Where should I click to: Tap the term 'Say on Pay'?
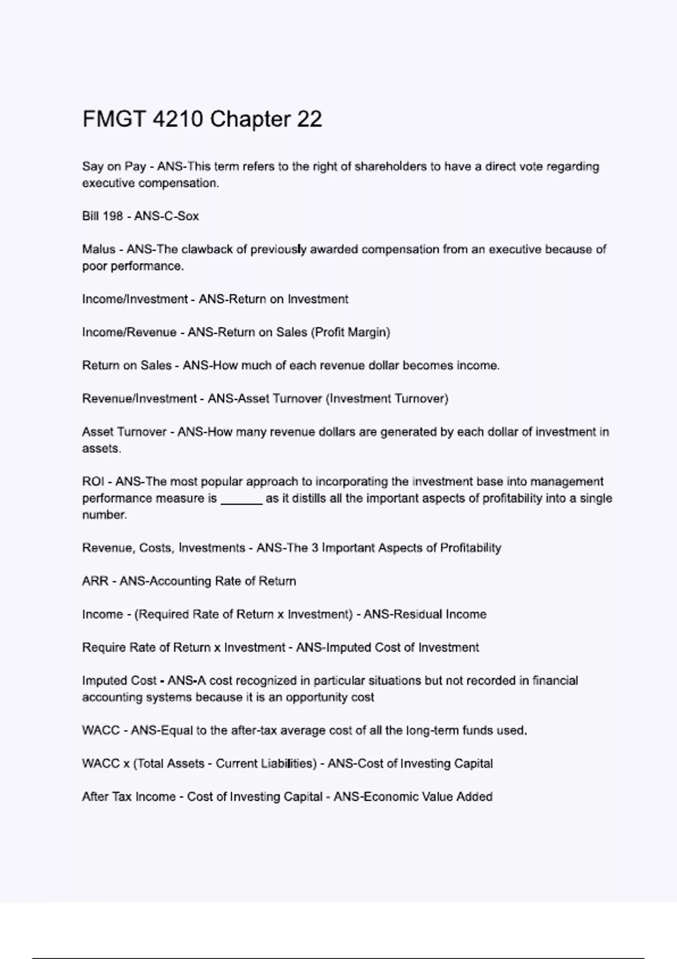click(114, 166)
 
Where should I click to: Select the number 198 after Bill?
click(113, 216)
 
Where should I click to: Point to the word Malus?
click(99, 249)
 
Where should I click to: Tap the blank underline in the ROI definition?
click(241, 499)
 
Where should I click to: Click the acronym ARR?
click(95, 581)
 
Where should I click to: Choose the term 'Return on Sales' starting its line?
click(127, 366)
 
